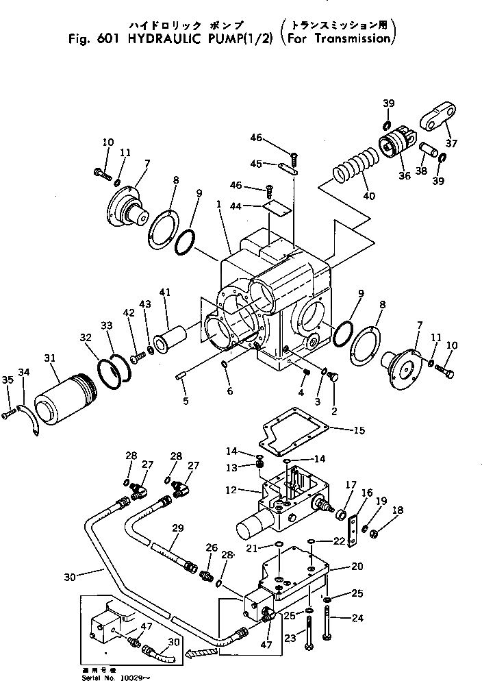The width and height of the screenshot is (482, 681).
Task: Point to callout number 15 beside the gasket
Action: (359, 431)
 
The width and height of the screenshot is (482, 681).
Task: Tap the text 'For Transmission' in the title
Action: (338, 39)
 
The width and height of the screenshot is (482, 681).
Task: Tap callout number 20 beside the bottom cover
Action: (357, 566)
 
